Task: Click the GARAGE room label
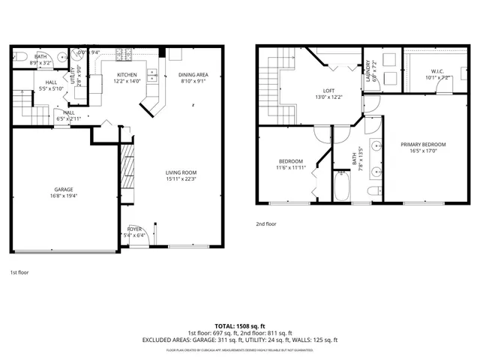click(x=63, y=189)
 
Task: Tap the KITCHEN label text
click(x=126, y=75)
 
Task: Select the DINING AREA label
click(x=193, y=75)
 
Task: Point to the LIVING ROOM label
click(x=181, y=172)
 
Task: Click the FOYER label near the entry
click(x=135, y=229)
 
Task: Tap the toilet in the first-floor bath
click(x=20, y=56)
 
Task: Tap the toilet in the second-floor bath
click(x=373, y=193)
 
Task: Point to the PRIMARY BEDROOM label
click(x=423, y=144)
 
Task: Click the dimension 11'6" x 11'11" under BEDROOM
click(x=291, y=168)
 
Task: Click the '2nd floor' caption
click(x=266, y=223)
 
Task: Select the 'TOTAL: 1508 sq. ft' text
click(x=240, y=326)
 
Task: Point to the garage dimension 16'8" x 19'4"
click(x=63, y=196)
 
